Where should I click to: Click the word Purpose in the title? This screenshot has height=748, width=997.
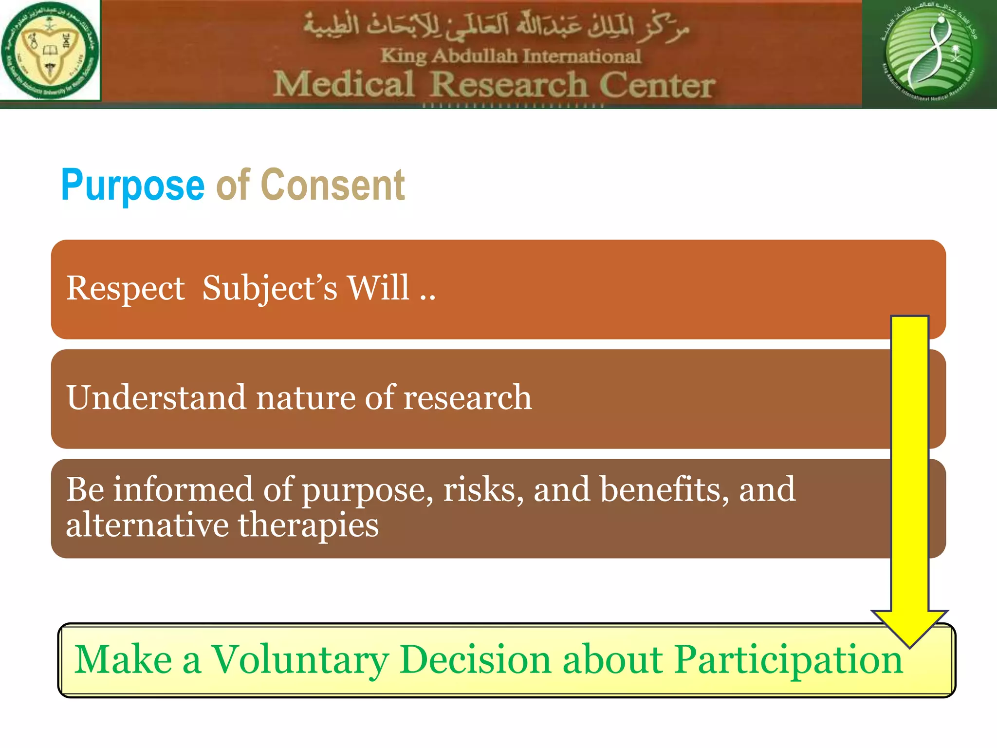click(x=132, y=185)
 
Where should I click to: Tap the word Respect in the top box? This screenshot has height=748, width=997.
click(x=125, y=288)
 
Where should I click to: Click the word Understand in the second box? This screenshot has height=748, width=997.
click(x=156, y=397)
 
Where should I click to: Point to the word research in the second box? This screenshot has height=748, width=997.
click(x=467, y=397)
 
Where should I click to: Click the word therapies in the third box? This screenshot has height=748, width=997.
click(x=308, y=526)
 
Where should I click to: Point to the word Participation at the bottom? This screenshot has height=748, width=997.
click(x=789, y=660)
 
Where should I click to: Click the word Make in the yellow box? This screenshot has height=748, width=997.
click(x=123, y=659)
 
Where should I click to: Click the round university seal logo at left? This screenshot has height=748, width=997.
click(x=50, y=50)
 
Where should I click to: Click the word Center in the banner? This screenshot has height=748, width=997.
click(x=657, y=85)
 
